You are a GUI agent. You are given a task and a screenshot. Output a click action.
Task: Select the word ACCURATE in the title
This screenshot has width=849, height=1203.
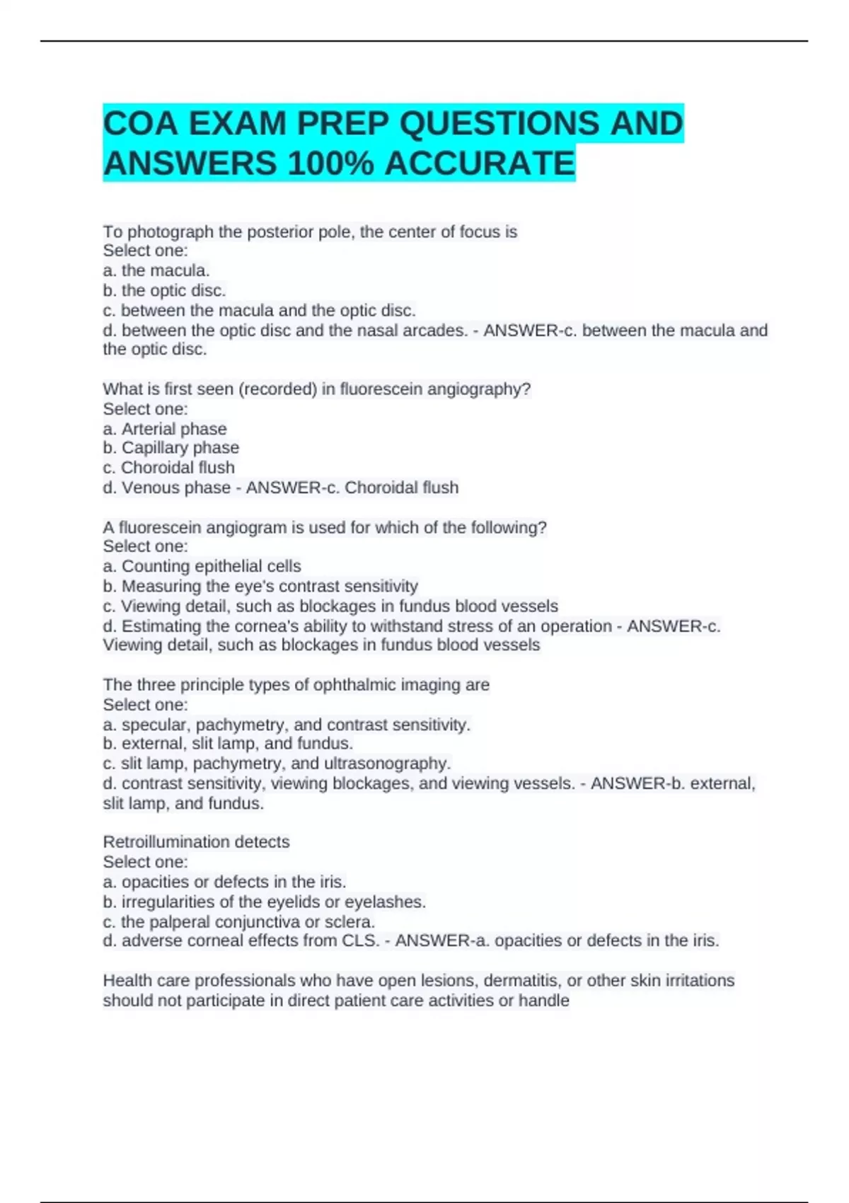480,163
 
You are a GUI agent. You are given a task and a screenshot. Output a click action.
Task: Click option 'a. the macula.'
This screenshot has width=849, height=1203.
156,270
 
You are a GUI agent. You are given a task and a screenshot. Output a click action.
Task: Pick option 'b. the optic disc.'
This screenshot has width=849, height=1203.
164,290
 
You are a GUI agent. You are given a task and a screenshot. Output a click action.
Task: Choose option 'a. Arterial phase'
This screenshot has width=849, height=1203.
165,429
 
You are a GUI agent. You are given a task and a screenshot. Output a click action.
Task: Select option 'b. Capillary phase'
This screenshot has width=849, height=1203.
171,448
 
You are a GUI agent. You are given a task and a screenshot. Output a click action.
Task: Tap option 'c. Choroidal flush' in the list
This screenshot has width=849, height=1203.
168,468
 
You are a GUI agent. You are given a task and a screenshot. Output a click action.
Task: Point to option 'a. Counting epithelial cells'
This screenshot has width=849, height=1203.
202,566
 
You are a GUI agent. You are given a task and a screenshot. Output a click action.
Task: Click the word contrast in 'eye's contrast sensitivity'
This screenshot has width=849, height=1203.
314,586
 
